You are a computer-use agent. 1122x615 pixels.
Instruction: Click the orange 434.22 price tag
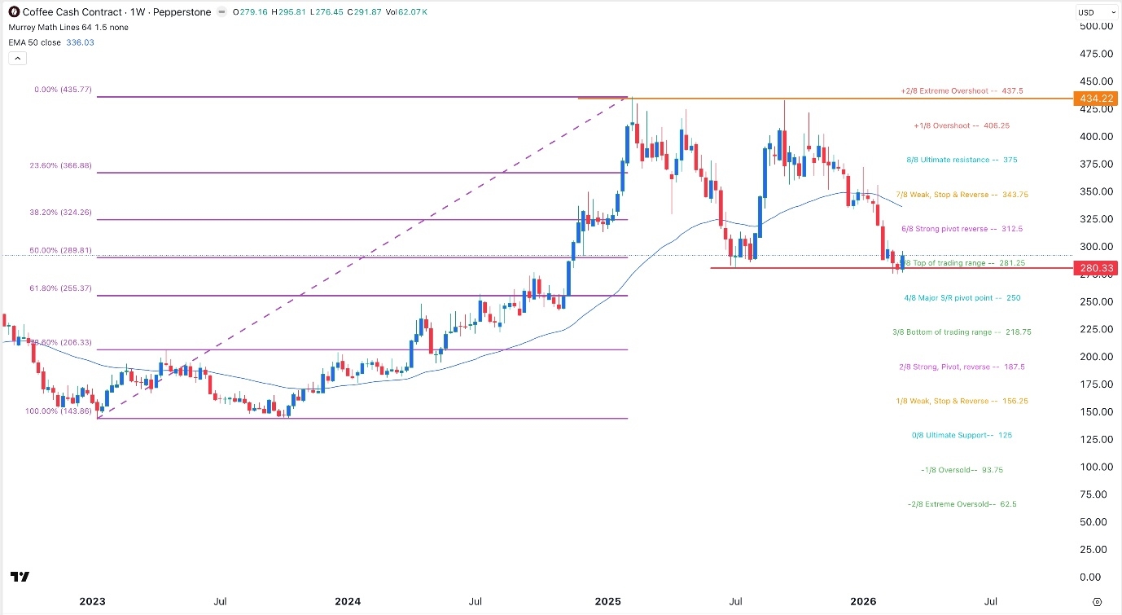[1096, 99]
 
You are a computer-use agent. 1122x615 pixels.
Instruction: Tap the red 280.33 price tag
[1096, 268]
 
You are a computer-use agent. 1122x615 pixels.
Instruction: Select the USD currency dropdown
[1096, 12]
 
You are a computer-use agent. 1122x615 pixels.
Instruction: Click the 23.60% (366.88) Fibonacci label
[64, 165]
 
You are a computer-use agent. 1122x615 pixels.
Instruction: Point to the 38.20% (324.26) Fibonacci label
[64, 212]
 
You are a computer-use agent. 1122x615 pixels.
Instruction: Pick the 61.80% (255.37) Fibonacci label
[64, 288]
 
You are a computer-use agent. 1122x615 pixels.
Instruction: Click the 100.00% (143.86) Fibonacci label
[59, 412]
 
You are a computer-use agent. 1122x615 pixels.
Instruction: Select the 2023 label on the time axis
[92, 602]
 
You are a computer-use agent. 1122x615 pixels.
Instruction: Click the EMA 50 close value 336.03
[80, 42]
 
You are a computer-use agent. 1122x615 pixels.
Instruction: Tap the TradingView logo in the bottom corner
[21, 577]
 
